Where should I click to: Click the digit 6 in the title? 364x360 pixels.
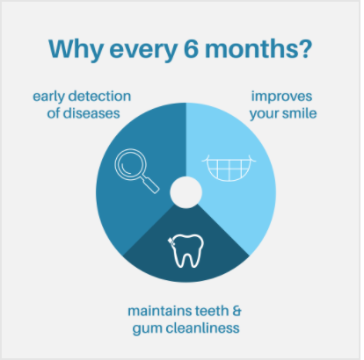coord(191,48)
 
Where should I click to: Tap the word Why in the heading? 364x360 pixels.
coord(76,50)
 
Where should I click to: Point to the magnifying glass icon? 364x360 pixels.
coord(136,170)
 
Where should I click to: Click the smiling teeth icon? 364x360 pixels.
coord(229,168)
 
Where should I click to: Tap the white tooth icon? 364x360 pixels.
coord(186,250)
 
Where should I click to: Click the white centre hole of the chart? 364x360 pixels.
coord(186,192)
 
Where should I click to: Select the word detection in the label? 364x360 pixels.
coord(99,97)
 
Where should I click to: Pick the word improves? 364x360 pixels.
coord(281,97)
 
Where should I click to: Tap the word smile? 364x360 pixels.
coord(300,113)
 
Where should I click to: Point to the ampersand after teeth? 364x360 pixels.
coord(237,311)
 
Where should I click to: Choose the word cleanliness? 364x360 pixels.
coord(202,328)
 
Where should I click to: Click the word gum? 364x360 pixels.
coord(148,329)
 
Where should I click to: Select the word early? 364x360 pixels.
coord(49,97)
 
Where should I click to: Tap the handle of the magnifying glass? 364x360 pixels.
coord(150,184)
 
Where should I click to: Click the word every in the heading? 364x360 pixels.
coord(143,50)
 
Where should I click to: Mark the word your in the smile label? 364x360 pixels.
coord(265,114)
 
